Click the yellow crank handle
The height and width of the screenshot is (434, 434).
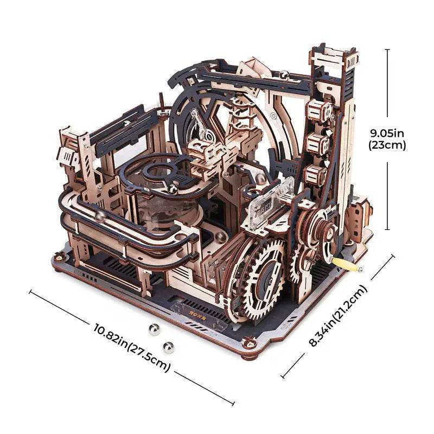pos(347,264)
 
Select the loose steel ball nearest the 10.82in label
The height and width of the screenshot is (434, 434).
pos(169,347)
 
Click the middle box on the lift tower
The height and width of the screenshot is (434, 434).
pos(317,143)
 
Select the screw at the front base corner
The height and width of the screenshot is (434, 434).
pos(250,343)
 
